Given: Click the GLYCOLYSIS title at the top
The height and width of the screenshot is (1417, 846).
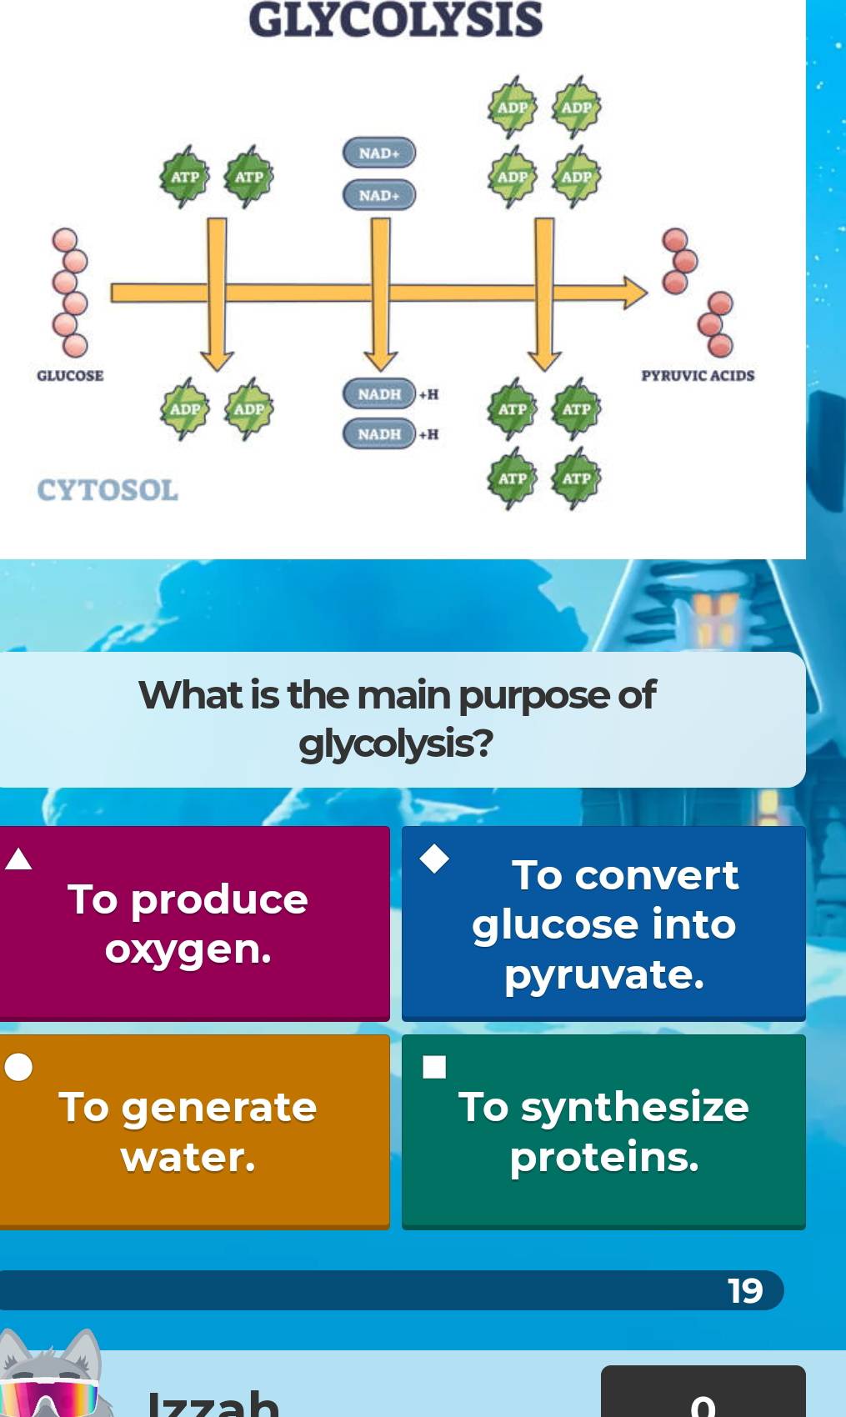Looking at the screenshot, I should click(395, 20).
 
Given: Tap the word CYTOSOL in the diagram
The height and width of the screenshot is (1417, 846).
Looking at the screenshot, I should click(108, 490).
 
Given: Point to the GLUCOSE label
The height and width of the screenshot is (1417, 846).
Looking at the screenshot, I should click(70, 376).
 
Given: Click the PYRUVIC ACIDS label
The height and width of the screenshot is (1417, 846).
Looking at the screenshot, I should click(698, 376).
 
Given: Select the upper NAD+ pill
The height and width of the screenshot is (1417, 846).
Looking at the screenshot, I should click(379, 153).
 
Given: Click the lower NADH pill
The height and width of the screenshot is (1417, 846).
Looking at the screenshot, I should click(379, 434).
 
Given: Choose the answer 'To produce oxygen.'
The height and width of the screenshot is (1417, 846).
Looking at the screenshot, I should click(188, 924).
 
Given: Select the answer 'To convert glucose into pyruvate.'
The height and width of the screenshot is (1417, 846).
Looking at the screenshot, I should click(604, 924).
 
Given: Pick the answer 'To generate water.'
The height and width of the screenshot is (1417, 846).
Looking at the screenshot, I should click(188, 1132).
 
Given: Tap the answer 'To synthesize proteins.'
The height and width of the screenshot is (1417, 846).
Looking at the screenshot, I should click(604, 1132).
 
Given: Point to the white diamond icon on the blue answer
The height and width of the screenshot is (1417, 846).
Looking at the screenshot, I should click(433, 858).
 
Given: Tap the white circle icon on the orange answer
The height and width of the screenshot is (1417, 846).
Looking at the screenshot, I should click(18, 1067).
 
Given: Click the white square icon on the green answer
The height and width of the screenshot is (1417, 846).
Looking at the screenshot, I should click(433, 1067).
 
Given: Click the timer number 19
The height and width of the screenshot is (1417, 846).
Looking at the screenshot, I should click(745, 1290).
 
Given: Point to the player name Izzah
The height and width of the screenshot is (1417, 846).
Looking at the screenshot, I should click(213, 1402).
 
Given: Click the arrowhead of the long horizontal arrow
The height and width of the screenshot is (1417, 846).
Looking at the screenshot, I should click(633, 293).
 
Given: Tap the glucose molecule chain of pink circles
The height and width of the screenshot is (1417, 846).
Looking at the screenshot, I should click(70, 292).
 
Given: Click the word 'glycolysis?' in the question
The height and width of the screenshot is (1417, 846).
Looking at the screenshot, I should click(396, 744).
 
